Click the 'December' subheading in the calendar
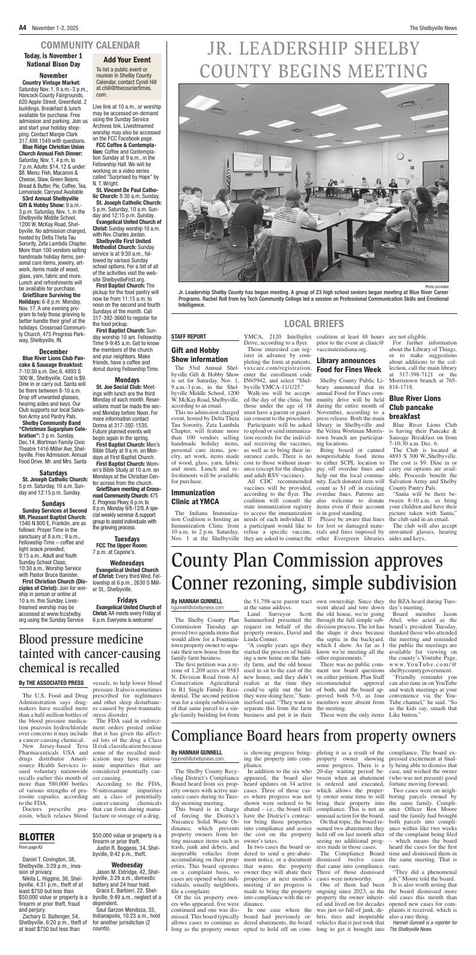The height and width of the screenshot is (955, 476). click(x=53, y=351)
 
